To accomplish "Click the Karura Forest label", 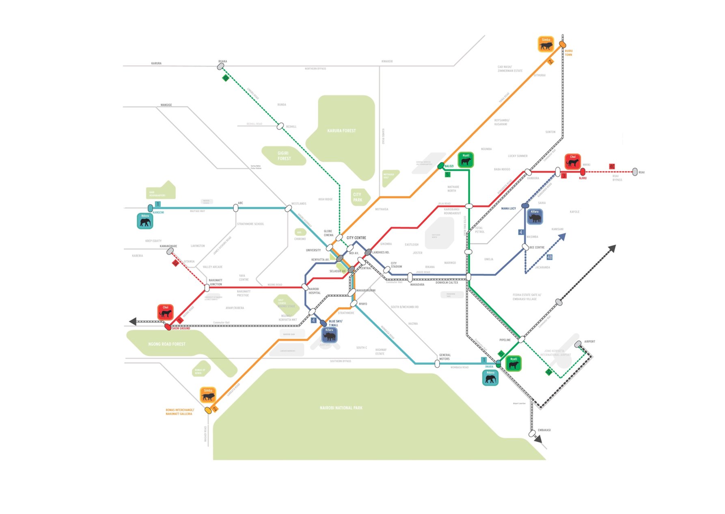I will (341, 131).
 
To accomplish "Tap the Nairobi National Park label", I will (341, 408).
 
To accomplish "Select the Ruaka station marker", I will (221, 66).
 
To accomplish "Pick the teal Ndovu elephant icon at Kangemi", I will (145, 221).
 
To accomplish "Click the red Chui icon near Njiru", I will (572, 162).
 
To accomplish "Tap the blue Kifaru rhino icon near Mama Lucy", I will (535, 217).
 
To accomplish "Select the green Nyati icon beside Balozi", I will (466, 160).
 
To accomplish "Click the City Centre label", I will (356, 238).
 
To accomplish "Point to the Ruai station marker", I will (635, 172).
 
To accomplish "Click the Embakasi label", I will (544, 430).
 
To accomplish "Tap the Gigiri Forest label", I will (284, 156).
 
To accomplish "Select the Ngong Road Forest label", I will (167, 344).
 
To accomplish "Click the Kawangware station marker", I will (170, 252).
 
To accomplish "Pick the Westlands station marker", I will (288, 208).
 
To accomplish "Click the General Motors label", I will (444, 357).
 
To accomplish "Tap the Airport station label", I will (589, 341).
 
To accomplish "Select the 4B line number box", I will (549, 257).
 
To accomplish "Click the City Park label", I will (357, 197).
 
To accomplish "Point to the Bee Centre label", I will (537, 247).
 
